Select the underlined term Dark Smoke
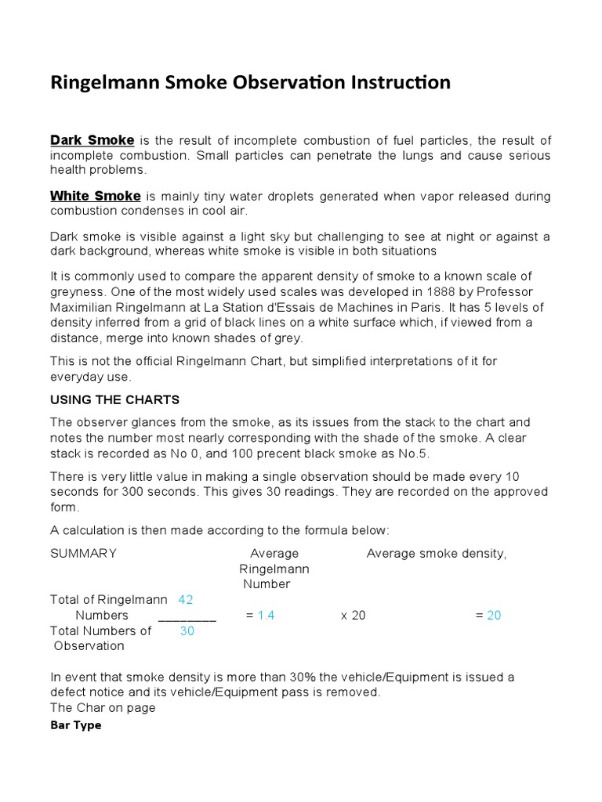pyautogui.click(x=92, y=140)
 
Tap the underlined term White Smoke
pyautogui.click(x=95, y=196)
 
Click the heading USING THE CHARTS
pyautogui.click(x=114, y=399)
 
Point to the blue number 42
pyautogui.click(x=186, y=600)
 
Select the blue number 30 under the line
pyautogui.click(x=187, y=630)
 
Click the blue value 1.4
pyautogui.click(x=266, y=616)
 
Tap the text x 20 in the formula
pyautogui.click(x=353, y=616)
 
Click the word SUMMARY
pyautogui.click(x=83, y=554)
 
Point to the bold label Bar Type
pyautogui.click(x=75, y=725)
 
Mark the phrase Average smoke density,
pyautogui.click(x=437, y=554)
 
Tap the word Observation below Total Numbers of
pyautogui.click(x=89, y=646)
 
